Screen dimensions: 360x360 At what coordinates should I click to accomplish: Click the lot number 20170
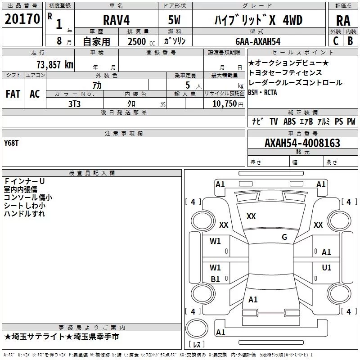(x=22, y=19)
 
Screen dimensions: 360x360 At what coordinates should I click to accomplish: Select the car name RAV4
(x=116, y=20)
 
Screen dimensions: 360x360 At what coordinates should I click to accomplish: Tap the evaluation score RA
(x=343, y=21)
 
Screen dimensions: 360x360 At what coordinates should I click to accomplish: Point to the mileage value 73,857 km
(x=55, y=65)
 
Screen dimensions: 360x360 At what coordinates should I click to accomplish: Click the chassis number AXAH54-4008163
(x=302, y=143)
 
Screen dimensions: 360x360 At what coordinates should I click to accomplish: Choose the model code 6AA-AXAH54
(x=258, y=41)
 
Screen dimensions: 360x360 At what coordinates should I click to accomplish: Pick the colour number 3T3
(x=74, y=104)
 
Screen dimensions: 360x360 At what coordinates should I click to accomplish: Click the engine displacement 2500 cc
(x=141, y=41)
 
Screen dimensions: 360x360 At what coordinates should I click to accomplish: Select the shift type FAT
(x=13, y=94)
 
